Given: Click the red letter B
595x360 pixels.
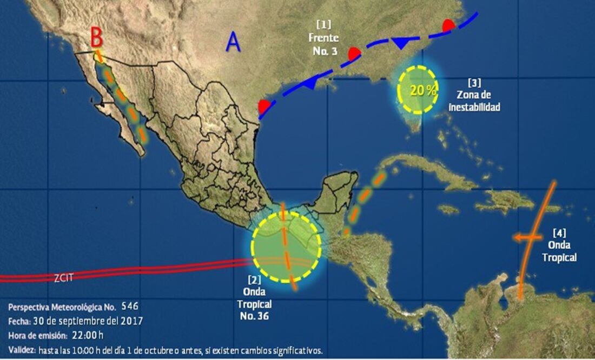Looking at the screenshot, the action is tap(96, 38).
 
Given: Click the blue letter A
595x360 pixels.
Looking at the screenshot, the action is tap(233, 42).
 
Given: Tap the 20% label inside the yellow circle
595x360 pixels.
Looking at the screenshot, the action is tap(423, 90).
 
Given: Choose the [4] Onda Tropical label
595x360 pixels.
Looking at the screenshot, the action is tap(559, 245).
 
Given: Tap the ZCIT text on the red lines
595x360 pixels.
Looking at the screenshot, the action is tap(63, 278).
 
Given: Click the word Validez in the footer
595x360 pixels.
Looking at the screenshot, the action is tap(22, 350).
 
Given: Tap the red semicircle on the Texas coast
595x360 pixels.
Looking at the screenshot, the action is tap(264, 106).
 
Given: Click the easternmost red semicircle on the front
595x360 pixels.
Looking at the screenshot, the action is tap(448, 25).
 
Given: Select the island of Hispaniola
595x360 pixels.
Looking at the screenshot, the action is tap(506, 201).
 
